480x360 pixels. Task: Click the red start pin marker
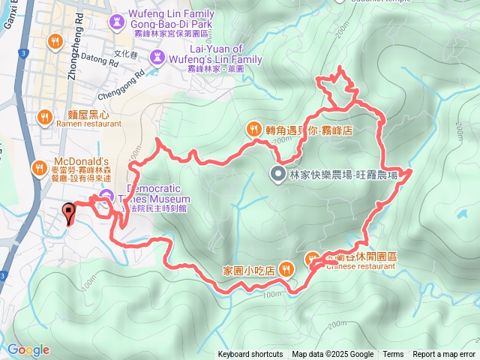click(x=69, y=213)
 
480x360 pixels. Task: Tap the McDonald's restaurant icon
click(x=38, y=169)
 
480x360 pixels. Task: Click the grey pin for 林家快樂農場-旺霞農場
click(x=276, y=175)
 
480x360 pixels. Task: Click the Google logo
click(x=28, y=349)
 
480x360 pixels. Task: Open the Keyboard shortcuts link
click(x=250, y=355)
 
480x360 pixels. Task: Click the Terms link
click(x=393, y=355)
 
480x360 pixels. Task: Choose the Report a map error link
click(x=444, y=355)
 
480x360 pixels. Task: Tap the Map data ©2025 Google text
click(x=332, y=355)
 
